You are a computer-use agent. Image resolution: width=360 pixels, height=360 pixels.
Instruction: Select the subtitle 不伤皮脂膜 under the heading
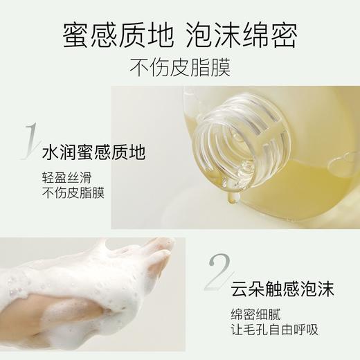click(179, 68)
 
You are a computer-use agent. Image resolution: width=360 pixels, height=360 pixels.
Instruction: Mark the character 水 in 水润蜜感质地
click(51, 151)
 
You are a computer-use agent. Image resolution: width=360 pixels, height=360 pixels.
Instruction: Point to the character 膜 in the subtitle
click(221, 68)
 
